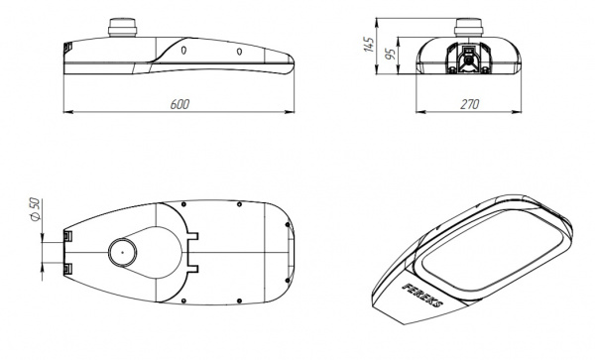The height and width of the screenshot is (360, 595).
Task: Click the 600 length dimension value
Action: point(179,104)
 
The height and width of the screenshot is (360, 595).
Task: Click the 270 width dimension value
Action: point(470,104)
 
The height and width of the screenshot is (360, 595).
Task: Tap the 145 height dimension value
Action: point(369,45)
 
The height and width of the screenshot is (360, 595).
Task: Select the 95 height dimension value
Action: point(390,54)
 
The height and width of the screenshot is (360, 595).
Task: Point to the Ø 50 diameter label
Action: point(35,209)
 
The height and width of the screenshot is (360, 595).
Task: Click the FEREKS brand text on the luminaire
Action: point(423,296)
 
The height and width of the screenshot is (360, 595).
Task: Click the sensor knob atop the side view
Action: point(122,28)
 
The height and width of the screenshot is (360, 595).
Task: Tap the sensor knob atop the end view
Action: point(469,28)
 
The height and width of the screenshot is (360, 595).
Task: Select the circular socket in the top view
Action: point(123,252)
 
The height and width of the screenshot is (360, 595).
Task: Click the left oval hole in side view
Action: point(183,50)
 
